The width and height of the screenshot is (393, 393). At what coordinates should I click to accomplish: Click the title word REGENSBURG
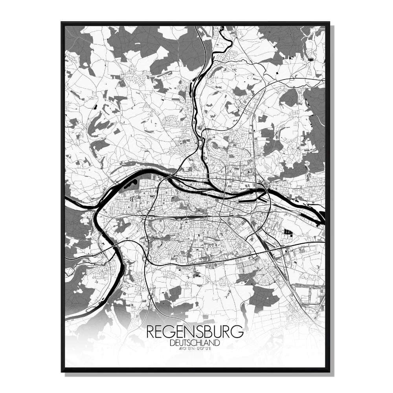pos(195,332)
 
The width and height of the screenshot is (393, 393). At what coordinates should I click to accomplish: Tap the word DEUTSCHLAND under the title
pos(195,343)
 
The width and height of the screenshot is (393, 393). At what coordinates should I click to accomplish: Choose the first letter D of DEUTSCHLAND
pos(173,343)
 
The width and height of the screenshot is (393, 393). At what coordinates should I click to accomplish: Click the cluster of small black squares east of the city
pos(288,233)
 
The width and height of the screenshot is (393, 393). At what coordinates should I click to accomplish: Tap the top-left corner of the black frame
pos(62,22)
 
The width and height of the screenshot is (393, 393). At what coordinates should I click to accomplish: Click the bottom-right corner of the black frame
pos(329,371)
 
